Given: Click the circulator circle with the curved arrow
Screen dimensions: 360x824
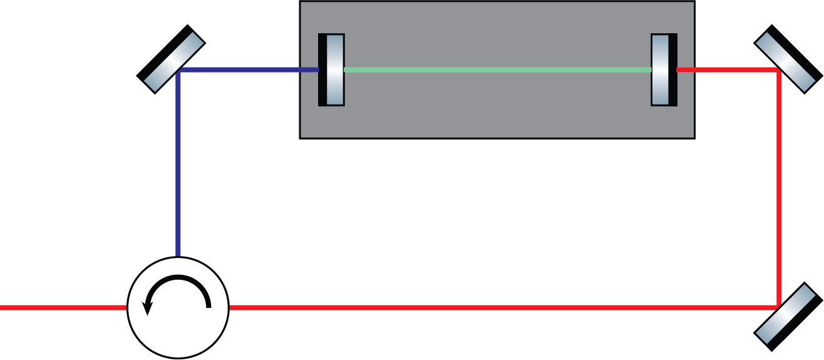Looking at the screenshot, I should pyautogui.click(x=178, y=307).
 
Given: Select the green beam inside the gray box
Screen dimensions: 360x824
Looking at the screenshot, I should pyautogui.click(x=498, y=70).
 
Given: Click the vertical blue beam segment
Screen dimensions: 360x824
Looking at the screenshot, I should pyautogui.click(x=178, y=163).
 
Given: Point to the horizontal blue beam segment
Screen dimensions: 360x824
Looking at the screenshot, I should pyautogui.click(x=250, y=70).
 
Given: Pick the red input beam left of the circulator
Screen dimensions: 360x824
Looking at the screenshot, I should pyautogui.click(x=63, y=307).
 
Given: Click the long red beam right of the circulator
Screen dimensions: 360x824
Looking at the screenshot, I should pyautogui.click(x=501, y=307).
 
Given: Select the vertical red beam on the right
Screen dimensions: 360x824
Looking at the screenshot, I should pyautogui.click(x=780, y=188).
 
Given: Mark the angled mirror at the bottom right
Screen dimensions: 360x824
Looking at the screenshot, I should pyautogui.click(x=787, y=317).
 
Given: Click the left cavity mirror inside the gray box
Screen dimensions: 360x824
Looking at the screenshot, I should pyautogui.click(x=334, y=70).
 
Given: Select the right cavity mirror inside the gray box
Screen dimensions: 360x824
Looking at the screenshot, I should pyautogui.click(x=661, y=70).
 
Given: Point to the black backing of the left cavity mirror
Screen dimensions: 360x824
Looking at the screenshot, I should pyautogui.click(x=322, y=70).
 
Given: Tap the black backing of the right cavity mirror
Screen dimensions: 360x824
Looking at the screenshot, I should pyautogui.click(x=673, y=70).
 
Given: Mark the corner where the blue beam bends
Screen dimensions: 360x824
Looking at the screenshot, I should pyautogui.click(x=178, y=71).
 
